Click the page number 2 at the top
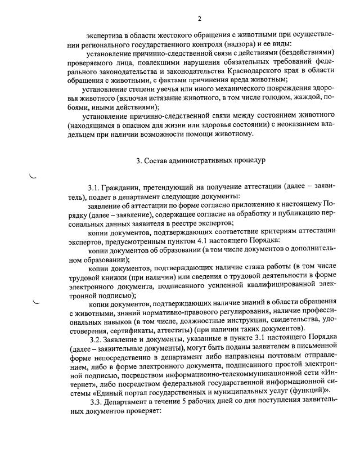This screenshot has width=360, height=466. click(199, 20)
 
